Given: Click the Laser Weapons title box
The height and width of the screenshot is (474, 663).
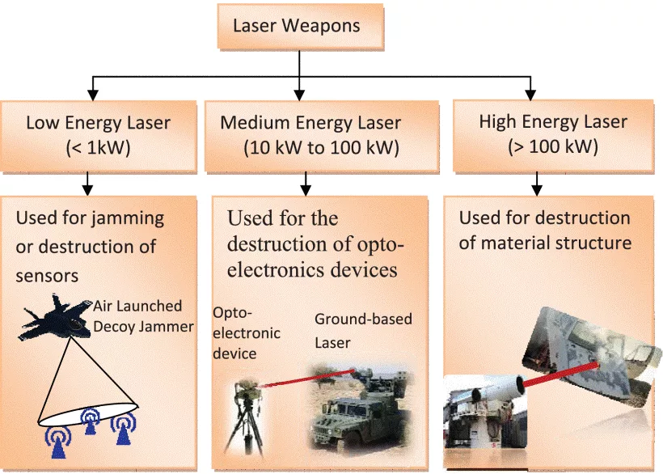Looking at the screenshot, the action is tap(301, 26).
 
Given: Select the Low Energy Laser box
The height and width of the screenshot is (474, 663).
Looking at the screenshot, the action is tap(99, 136).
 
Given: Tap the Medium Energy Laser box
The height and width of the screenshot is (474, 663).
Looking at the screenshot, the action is tap(321, 136).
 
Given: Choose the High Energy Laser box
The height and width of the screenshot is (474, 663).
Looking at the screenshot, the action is tap(553, 135).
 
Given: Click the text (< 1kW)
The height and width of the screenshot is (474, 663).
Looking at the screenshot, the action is tap(98, 148).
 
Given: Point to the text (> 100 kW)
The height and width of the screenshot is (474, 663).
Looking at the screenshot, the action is tap(553, 146).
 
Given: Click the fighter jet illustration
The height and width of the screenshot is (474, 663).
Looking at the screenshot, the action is tap(55, 318).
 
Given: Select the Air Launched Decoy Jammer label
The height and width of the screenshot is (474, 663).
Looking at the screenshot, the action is tap(143, 316).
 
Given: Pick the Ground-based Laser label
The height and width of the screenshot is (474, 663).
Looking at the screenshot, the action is tap(363, 331).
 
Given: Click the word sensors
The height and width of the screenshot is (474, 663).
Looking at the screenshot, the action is tap(47, 276).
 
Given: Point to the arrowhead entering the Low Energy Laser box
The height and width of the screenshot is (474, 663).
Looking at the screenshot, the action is tap(93, 95).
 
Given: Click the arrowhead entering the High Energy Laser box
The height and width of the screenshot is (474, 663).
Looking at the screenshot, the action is tap(530, 95).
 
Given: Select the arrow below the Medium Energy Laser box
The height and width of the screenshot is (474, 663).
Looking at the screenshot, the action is tap(306, 184).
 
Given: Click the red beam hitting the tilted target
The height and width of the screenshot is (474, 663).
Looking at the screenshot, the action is tap(560, 374).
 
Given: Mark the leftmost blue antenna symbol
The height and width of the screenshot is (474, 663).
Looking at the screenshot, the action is tap(58, 442).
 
